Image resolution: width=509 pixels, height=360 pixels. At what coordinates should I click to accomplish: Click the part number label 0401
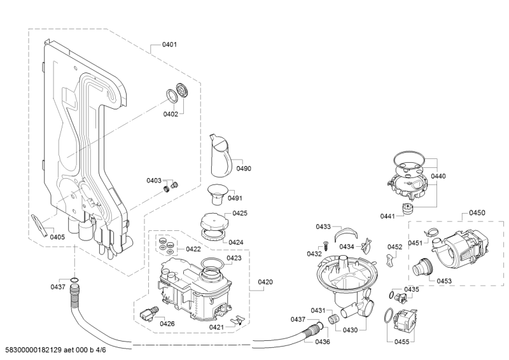(x=169, y=45)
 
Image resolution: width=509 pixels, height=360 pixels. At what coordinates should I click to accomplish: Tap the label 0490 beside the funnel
(x=244, y=169)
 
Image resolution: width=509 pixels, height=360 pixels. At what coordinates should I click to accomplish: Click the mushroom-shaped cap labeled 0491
(x=216, y=191)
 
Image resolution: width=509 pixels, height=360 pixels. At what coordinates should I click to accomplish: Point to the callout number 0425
(x=240, y=213)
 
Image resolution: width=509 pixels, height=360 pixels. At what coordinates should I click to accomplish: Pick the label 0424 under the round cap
(x=236, y=242)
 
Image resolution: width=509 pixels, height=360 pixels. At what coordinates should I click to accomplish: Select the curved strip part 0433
(x=348, y=231)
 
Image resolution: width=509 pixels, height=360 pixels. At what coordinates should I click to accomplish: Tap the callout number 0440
(x=438, y=176)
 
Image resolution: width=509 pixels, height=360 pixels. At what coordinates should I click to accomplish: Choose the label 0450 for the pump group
(x=477, y=212)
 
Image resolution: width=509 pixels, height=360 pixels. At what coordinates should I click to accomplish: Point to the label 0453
(x=445, y=280)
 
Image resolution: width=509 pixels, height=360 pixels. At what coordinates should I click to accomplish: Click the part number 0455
(x=401, y=342)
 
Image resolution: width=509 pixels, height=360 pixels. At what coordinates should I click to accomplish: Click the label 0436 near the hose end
(x=322, y=342)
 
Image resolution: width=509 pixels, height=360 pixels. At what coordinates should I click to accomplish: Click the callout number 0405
(x=57, y=237)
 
